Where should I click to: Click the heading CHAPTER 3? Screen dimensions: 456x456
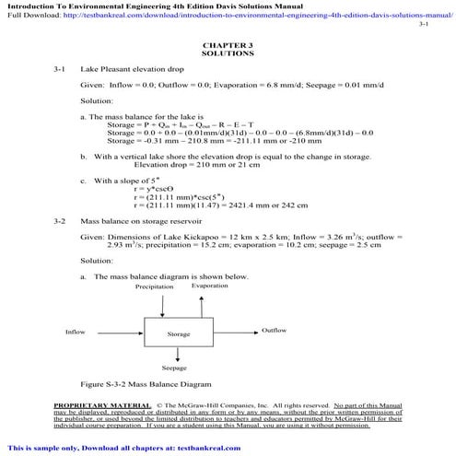(x=227, y=44)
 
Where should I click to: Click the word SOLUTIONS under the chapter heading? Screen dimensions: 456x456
(x=227, y=53)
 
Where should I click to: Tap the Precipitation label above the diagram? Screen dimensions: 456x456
(x=154, y=287)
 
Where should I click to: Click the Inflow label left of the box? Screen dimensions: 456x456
(x=75, y=332)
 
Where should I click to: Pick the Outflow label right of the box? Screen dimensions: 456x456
(x=275, y=330)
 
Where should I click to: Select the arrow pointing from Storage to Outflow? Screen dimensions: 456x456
(x=234, y=332)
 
